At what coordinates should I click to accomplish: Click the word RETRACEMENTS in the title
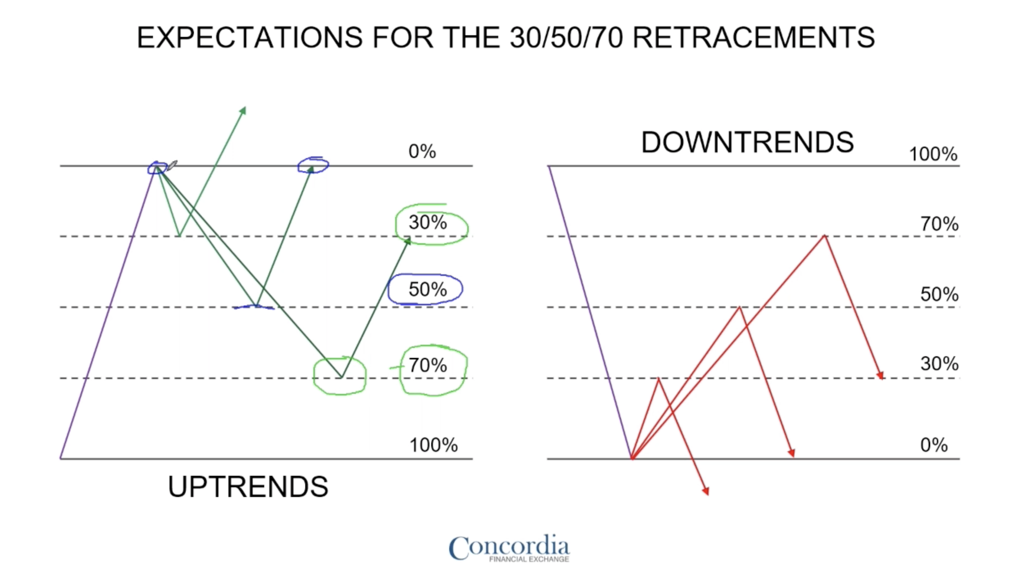point(754,37)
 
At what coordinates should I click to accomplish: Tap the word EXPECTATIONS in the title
point(250,37)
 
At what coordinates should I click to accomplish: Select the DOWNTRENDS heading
point(747,142)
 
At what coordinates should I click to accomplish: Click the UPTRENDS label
point(248,487)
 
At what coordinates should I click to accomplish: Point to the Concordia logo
point(509,548)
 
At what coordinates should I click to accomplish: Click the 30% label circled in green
point(427,222)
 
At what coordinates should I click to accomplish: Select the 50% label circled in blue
point(427,289)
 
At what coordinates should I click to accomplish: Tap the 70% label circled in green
point(427,365)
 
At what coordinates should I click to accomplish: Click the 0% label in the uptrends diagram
point(422,151)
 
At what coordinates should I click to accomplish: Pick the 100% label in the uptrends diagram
point(433,445)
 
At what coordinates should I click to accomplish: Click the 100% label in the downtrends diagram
point(933,154)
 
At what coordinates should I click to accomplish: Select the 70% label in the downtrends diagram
point(939,224)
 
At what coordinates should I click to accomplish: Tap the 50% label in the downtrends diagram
point(939,294)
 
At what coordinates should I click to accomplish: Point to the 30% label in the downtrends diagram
point(939,364)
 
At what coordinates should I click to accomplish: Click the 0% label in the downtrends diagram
point(934,445)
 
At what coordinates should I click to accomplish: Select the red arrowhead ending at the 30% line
point(880,375)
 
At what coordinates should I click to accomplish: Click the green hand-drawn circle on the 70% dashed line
point(313,376)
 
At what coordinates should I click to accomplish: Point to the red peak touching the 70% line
point(824,236)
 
